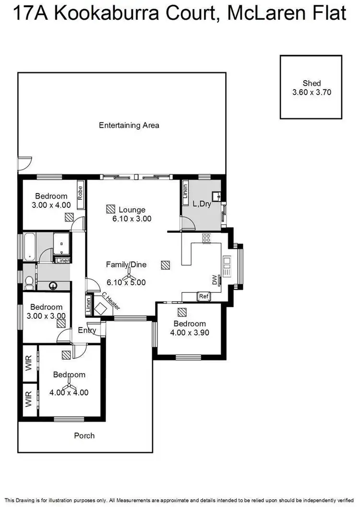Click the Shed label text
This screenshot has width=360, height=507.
[x=312, y=83]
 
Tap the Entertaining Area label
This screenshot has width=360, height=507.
[x=129, y=125]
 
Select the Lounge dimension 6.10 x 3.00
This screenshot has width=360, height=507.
[x=129, y=218]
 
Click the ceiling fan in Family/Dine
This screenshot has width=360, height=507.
[x=128, y=276]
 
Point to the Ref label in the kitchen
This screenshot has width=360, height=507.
[x=204, y=297]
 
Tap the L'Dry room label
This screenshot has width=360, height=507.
[x=202, y=204]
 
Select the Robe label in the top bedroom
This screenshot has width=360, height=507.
[x=80, y=193]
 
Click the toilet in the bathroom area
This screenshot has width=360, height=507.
[x=29, y=282]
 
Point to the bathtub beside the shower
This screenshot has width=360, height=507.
[x=30, y=246]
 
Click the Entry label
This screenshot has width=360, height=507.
[x=87, y=330]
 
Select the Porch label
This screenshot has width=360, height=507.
[x=84, y=435]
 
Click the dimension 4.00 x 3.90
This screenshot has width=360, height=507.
[x=189, y=332]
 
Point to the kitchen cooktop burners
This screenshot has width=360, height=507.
[x=207, y=237]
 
